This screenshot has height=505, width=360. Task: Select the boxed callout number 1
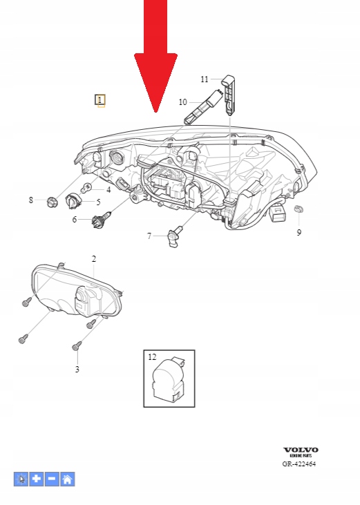point(100,100)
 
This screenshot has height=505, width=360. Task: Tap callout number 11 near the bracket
point(205,79)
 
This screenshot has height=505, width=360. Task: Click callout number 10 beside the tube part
point(182,102)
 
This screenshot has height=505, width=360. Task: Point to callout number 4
point(108,190)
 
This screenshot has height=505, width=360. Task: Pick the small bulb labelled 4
point(86,188)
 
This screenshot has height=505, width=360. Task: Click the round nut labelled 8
point(52,202)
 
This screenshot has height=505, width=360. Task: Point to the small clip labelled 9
point(299,209)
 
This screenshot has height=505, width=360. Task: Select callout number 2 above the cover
point(94,258)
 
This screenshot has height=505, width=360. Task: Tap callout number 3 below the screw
point(77,369)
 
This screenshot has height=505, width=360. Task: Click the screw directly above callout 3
point(77,346)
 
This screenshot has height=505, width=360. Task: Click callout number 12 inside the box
point(152,357)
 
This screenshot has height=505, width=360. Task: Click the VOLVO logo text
point(301,450)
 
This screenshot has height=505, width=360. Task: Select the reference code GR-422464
point(299,464)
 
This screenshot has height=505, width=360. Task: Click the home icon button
point(67,479)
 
